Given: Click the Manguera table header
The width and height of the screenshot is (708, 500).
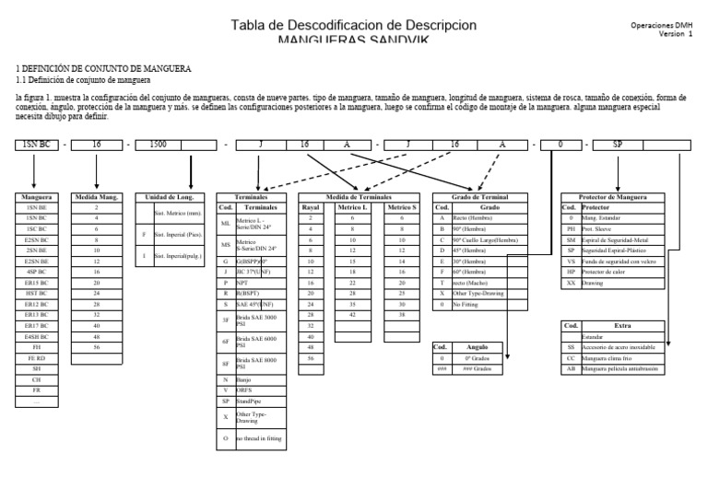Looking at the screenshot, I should point(38,197).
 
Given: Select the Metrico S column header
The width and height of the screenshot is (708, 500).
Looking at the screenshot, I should point(401,207).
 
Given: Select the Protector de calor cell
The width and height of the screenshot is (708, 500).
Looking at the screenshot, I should point(626,273).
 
